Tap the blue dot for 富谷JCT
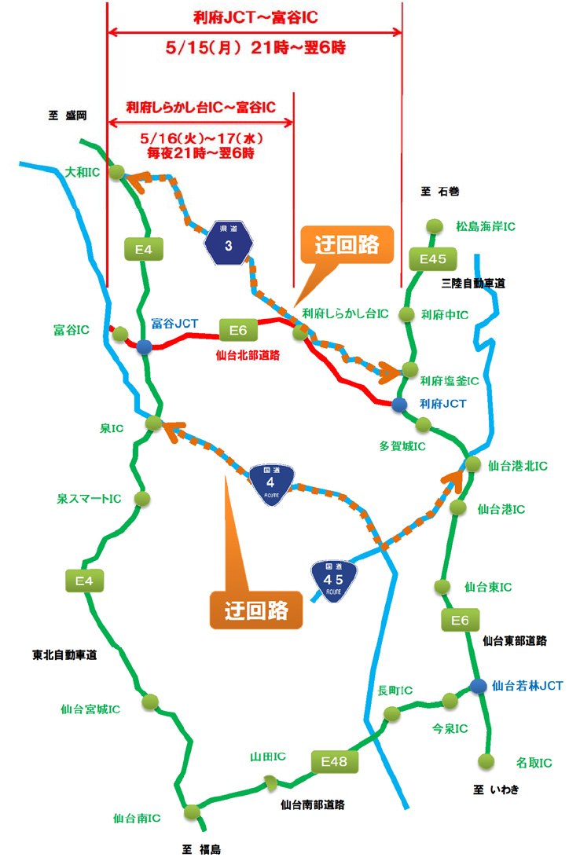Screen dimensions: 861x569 coord(144,346)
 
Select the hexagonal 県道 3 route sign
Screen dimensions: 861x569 coord(229,244)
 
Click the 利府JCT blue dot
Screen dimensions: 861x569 coord(399,405)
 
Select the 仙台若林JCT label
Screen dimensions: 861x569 coord(527,686)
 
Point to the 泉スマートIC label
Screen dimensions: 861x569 coord(88,498)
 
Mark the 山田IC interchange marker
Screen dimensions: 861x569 coord(270,782)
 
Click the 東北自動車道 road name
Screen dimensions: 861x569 coord(64,654)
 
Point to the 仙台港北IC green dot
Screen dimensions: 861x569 coord(472,464)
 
